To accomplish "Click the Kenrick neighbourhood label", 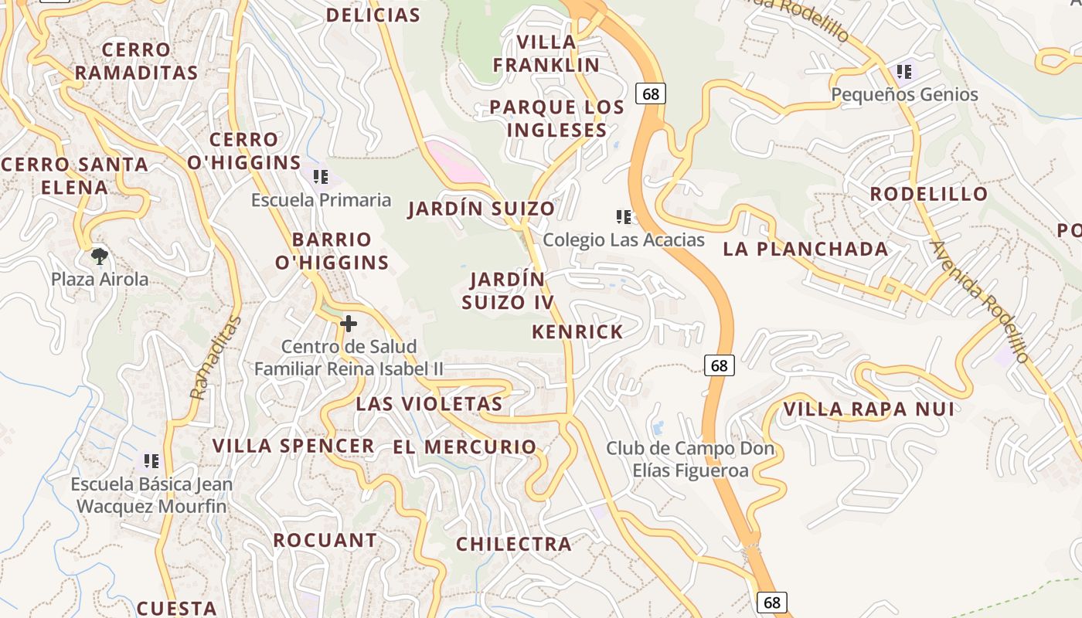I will click(577, 332).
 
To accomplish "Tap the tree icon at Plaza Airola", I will click(99, 256).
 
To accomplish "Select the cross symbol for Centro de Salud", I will click(349, 324).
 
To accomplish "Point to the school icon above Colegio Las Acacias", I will click(624, 217).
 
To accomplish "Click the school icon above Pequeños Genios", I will click(904, 73).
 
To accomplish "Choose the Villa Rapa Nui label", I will click(869, 409).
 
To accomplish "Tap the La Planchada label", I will click(805, 249).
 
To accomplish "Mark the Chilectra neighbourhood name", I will click(514, 545).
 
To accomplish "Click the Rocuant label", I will click(325, 540).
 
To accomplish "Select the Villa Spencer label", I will click(294, 446).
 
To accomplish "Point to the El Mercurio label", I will click(464, 447).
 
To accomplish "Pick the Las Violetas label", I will click(429, 403).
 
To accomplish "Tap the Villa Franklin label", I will click(546, 53).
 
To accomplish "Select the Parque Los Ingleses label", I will click(556, 118).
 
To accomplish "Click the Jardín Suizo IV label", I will click(508, 290).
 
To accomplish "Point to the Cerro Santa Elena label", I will click(74, 175).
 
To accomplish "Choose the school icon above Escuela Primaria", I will click(321, 177).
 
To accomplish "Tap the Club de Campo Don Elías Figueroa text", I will click(678, 459).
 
